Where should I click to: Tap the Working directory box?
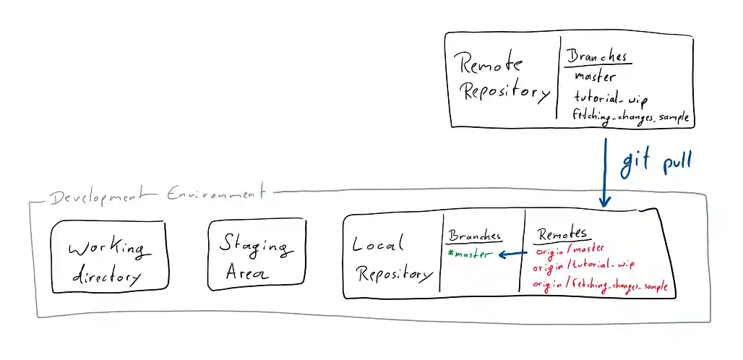tap(109, 257)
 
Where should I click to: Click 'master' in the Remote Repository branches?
tap(595, 76)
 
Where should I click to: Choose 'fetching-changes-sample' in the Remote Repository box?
tap(630, 115)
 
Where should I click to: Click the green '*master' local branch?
tap(470, 254)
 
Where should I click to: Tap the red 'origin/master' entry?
tap(570, 251)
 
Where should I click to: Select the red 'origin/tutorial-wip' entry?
tap(583, 267)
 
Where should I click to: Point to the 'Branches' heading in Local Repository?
tap(474, 236)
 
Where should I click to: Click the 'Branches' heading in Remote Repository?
tap(597, 56)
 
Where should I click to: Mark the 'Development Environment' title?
tap(155, 195)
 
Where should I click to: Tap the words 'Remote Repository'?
tap(504, 78)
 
